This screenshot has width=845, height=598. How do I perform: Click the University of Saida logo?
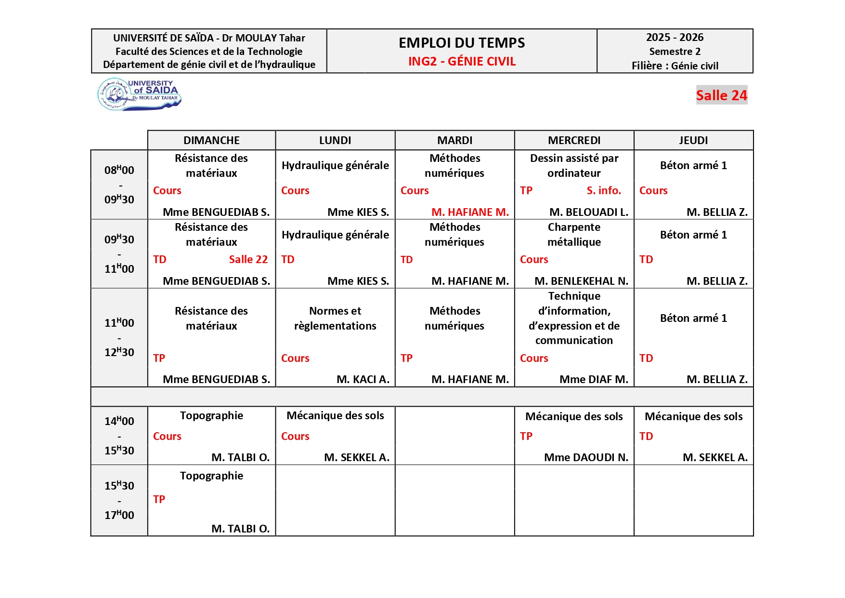tap(139, 94)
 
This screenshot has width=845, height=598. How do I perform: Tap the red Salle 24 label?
tap(721, 95)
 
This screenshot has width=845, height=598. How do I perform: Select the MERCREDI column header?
tap(574, 140)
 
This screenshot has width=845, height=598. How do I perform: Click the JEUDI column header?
tap(693, 140)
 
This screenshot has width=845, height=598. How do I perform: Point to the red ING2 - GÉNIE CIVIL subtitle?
tap(462, 62)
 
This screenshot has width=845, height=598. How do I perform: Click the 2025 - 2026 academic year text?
tap(675, 38)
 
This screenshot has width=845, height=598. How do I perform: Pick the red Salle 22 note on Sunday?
tap(248, 259)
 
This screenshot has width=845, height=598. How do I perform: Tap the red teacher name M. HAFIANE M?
tap(470, 212)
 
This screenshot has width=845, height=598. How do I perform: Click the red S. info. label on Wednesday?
tap(604, 190)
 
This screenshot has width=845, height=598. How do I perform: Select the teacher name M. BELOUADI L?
tap(588, 212)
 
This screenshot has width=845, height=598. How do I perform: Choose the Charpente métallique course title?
tap(574, 235)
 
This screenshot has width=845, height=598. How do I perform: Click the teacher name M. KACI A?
tap(363, 379)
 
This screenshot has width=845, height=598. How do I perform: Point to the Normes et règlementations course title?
tap(335, 318)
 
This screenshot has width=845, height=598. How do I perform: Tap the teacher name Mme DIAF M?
tap(593, 379)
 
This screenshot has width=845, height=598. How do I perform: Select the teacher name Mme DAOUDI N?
tap(586, 457)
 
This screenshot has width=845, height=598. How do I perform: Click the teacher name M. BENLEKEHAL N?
tap(581, 281)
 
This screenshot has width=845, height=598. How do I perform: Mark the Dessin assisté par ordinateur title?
tap(574, 165)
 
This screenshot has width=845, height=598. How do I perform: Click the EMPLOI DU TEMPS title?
tap(462, 43)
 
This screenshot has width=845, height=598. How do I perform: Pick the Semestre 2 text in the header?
tap(675, 52)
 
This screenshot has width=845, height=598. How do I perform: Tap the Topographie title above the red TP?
tap(211, 476)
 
